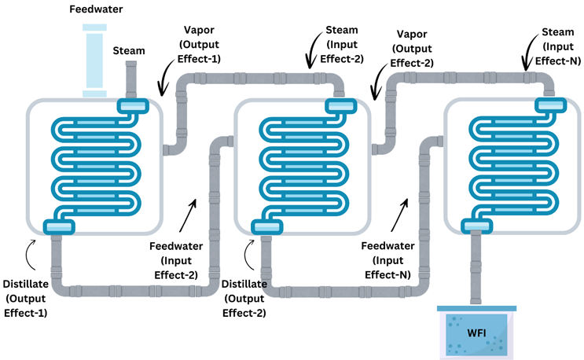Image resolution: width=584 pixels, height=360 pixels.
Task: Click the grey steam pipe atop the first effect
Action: click(131, 79)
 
